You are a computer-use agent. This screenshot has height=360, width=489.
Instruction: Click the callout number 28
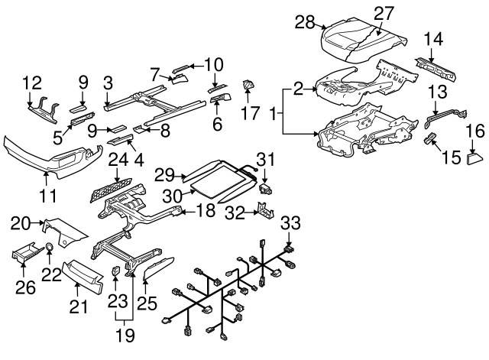pos(305,23)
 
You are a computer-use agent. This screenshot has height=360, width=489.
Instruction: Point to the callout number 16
pos(474,131)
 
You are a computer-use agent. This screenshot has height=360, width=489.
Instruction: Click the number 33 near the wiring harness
pos(290,223)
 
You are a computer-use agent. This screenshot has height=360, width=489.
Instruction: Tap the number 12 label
pos(32,83)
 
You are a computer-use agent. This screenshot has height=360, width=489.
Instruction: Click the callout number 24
pos(117,160)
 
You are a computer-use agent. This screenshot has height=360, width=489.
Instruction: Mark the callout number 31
pos(264,158)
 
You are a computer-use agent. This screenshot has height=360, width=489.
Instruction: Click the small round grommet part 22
pos(49,246)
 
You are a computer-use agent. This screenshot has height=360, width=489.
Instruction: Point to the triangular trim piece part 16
pos(473,159)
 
